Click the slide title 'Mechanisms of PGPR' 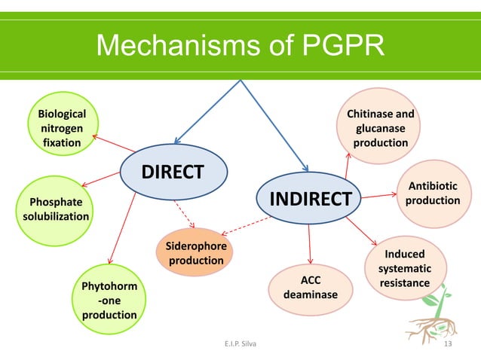point(240,47)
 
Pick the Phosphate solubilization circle point(56,209)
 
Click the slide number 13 point(451,345)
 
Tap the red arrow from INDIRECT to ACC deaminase point(310,244)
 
